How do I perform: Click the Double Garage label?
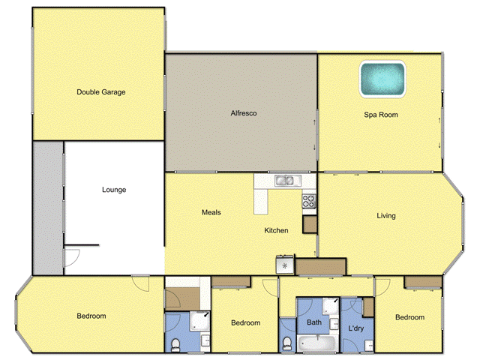[100, 92]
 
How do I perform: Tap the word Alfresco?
[244, 113]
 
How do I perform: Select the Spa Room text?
[380, 115]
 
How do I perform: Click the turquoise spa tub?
[382, 79]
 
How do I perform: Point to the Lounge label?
[114, 190]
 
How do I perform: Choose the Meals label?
[211, 212]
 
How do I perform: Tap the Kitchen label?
[276, 230]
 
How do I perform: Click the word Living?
[386, 216]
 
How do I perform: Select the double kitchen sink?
[285, 180]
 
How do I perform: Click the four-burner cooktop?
[308, 200]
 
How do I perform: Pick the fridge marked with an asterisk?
[285, 265]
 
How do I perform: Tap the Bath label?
[314, 323]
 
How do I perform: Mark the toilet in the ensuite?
[174, 343]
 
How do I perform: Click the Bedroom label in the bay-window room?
[91, 316]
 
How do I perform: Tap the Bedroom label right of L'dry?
[409, 317]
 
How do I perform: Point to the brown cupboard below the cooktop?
[310, 223]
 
